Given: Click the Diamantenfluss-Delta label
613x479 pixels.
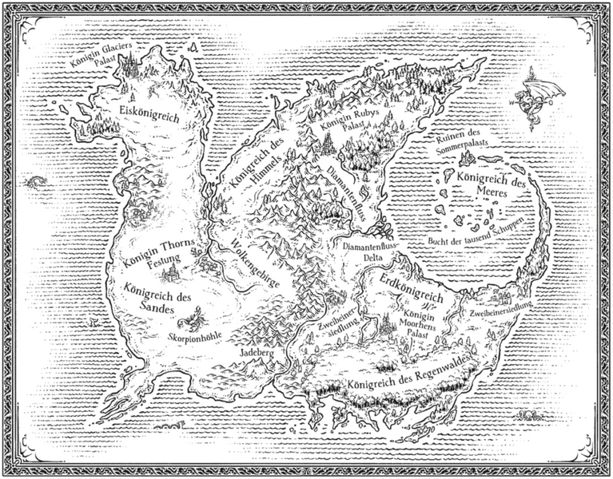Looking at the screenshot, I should tap(368, 253).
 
